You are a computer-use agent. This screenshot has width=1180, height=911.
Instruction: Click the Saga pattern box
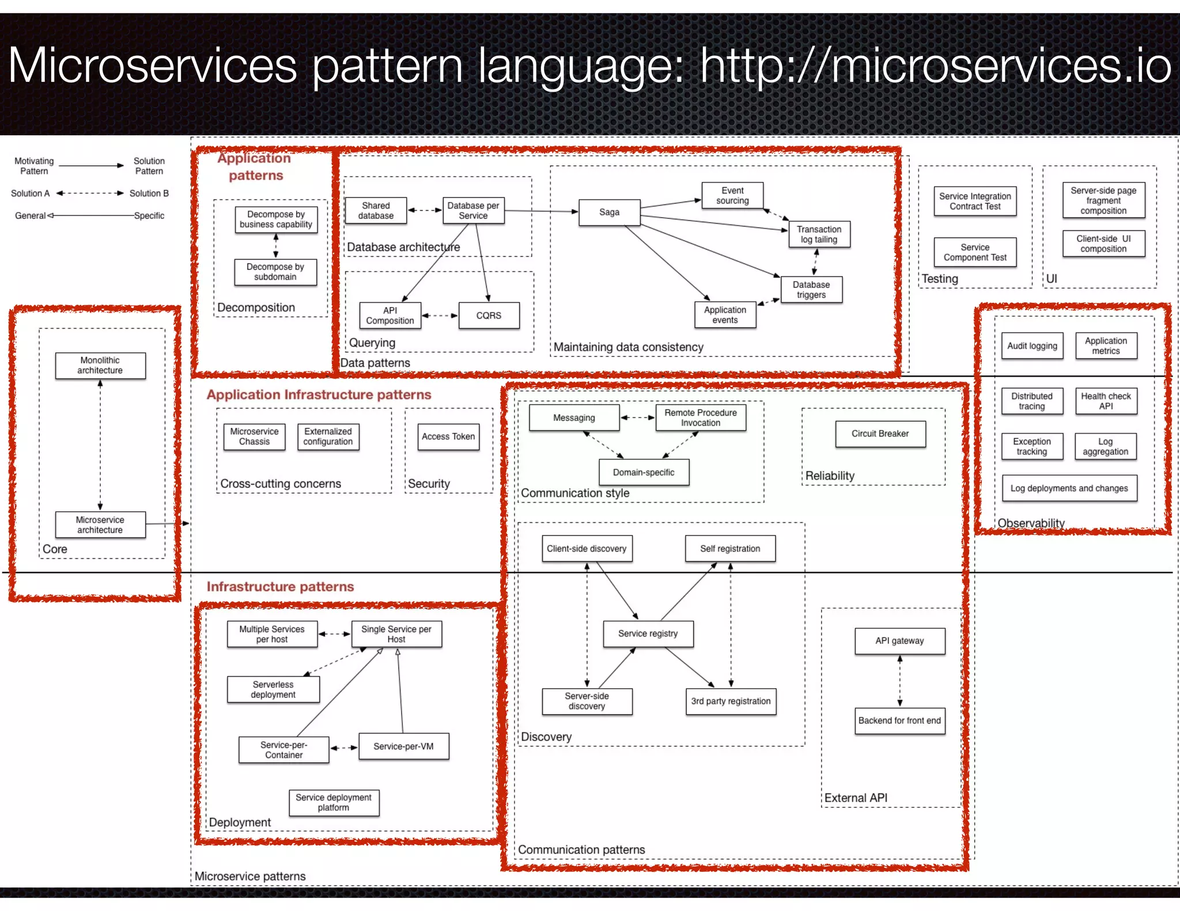click(609, 212)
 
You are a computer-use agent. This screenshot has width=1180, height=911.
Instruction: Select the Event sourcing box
click(732, 196)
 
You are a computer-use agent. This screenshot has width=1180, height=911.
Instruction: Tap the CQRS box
click(489, 316)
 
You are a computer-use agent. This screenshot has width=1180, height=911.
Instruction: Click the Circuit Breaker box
click(880, 434)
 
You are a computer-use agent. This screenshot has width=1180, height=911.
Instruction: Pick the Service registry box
click(648, 633)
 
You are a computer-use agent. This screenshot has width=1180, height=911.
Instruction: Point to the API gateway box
click(899, 641)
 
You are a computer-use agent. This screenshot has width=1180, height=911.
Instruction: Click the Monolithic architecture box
click(100, 366)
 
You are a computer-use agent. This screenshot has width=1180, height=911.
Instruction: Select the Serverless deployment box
click(273, 689)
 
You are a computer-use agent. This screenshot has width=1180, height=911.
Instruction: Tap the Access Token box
click(448, 436)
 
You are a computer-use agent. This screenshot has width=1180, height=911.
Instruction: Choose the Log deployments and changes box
click(1069, 488)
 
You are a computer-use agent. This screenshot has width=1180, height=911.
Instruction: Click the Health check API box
click(1106, 401)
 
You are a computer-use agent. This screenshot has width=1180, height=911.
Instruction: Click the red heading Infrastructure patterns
click(280, 587)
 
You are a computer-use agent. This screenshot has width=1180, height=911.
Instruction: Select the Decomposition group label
click(256, 308)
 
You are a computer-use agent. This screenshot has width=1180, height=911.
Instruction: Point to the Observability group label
click(1031, 523)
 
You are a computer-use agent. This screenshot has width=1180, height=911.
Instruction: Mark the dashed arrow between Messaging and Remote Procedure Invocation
click(637, 417)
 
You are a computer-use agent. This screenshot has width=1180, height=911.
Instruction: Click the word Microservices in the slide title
click(152, 66)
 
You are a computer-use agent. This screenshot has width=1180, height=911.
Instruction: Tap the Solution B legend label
click(149, 193)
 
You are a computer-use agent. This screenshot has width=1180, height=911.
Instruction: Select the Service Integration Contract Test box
click(975, 202)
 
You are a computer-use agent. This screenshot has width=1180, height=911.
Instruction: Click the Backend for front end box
click(899, 720)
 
